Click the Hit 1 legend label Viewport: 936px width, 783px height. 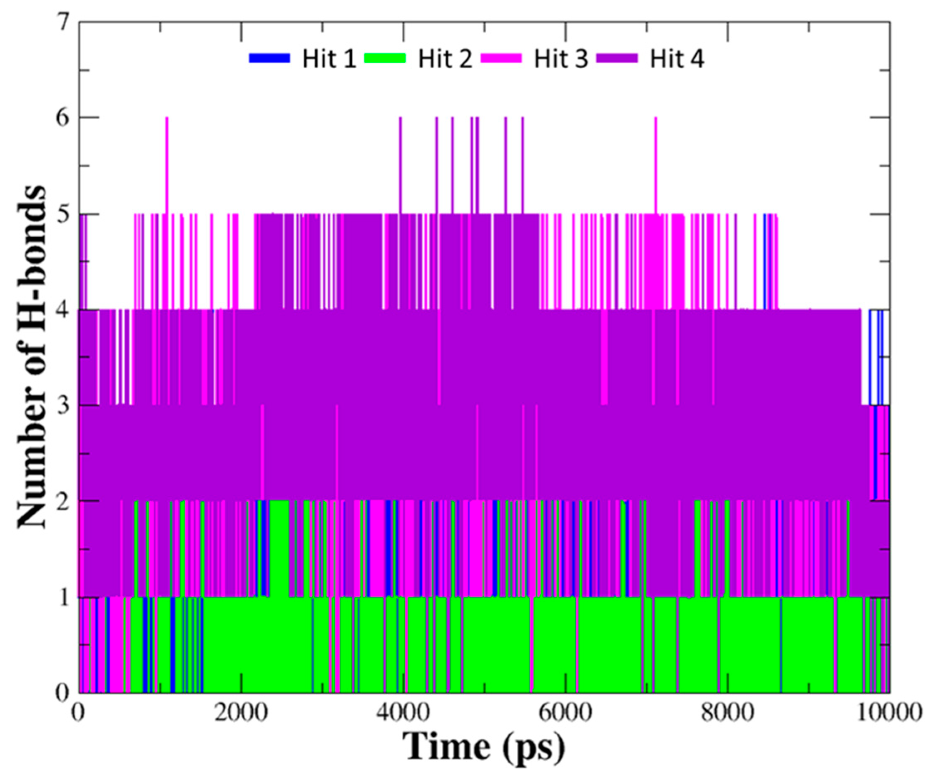tap(329, 59)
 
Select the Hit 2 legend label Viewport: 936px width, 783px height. tap(445, 59)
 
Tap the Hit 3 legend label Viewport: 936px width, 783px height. tap(561, 59)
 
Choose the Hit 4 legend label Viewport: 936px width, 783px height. tap(677, 59)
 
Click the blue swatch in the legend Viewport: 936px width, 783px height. tap(270, 58)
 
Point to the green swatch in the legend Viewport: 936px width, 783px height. tap(386, 58)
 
